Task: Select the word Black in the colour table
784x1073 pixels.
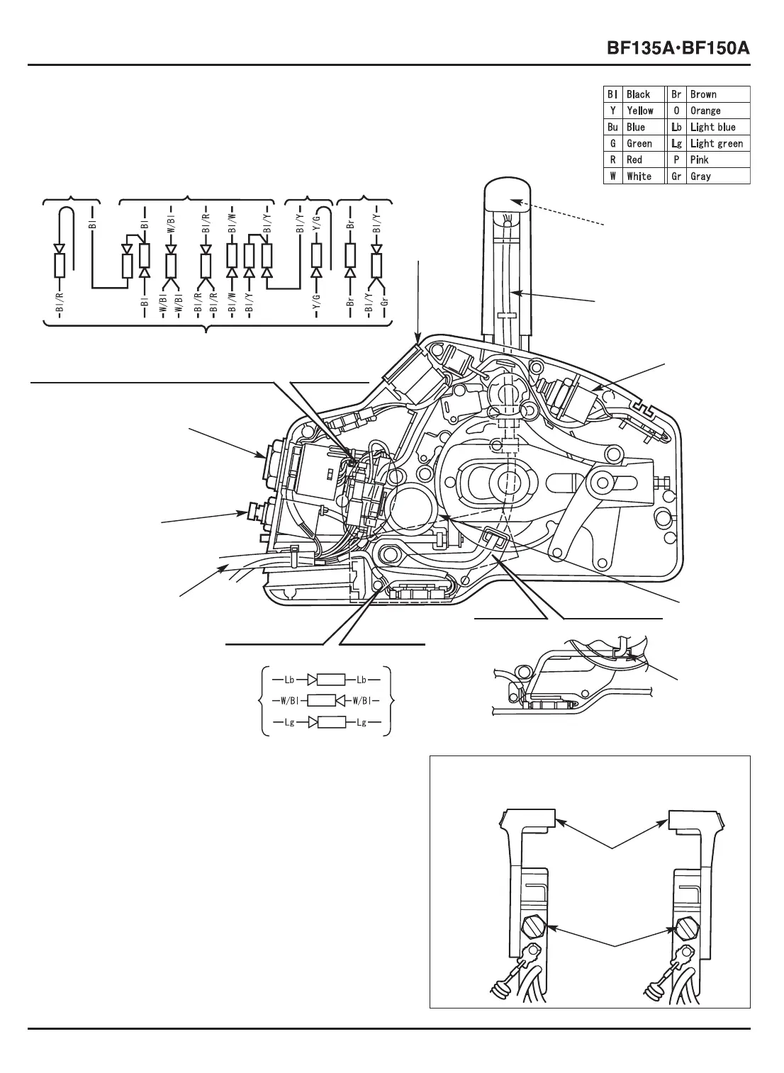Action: click(638, 94)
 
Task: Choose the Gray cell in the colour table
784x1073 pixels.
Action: click(700, 176)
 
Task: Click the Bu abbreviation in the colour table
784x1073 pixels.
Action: click(612, 127)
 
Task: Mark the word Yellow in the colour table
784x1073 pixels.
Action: click(640, 111)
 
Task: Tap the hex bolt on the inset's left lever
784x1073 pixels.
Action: click(533, 926)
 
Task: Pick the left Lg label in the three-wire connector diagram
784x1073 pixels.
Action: click(289, 723)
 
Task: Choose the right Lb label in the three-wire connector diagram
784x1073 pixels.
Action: click(361, 680)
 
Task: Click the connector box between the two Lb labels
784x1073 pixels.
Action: click(330, 680)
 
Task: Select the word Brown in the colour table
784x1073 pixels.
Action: click(703, 94)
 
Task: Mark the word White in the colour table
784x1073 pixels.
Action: click(639, 176)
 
